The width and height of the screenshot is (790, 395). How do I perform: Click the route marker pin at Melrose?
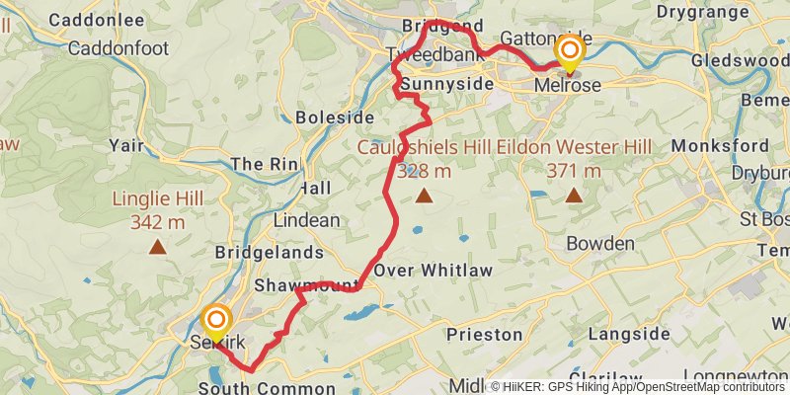tap(570, 51)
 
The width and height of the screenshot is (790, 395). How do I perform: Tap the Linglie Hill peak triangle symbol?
tap(157, 247)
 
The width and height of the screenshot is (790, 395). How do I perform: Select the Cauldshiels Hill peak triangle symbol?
tap(424, 196)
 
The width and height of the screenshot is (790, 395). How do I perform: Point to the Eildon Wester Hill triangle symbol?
tap(573, 196)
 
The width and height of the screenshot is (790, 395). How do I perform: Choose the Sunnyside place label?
tap(446, 85)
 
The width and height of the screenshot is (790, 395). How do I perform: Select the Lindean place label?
tap(307, 220)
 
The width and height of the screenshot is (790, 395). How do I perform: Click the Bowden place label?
tap(600, 243)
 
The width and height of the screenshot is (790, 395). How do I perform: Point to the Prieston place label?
tap(484, 335)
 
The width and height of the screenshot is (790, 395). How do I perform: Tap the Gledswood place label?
tap(744, 59)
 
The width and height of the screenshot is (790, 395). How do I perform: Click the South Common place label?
tap(267, 388)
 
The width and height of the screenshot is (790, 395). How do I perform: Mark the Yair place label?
tap(127, 145)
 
